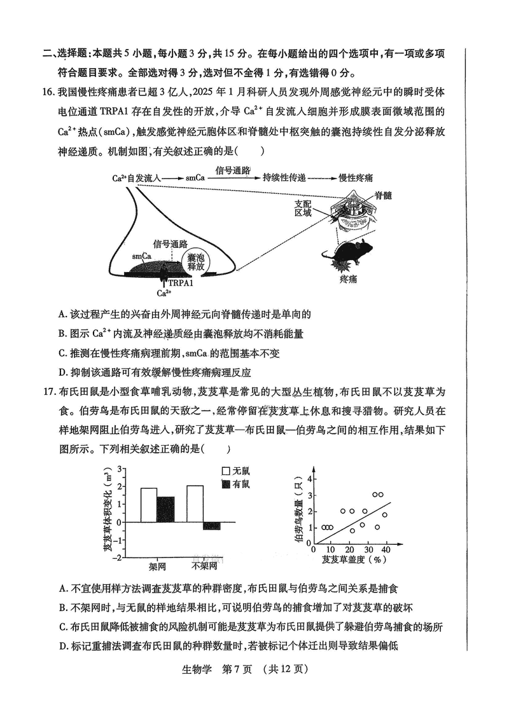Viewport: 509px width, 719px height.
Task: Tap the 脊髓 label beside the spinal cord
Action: pyautogui.click(x=383, y=195)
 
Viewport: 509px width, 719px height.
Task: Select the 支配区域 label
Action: pyautogui.click(x=303, y=209)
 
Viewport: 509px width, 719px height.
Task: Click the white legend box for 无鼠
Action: pyautogui.click(x=225, y=471)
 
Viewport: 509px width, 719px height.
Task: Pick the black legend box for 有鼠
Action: pyautogui.click(x=225, y=484)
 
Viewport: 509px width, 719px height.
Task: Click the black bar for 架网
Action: pyautogui.click(x=165, y=509)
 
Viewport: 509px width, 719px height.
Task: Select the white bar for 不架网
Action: pyautogui.click(x=195, y=503)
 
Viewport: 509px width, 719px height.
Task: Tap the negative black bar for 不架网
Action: pyautogui.click(x=211, y=526)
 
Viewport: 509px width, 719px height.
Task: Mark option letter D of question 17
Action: pyautogui.click(x=62, y=647)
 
